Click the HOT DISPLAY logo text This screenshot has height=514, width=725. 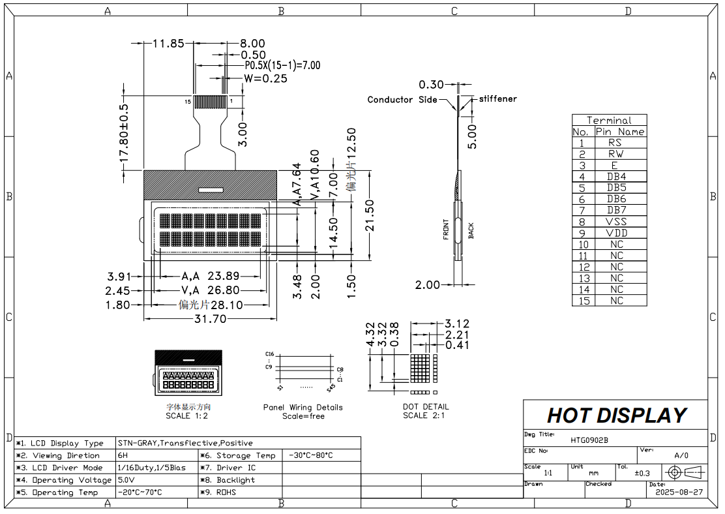click(x=616, y=416)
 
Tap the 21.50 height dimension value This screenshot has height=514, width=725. click(x=370, y=216)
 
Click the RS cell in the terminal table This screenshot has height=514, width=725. click(x=615, y=142)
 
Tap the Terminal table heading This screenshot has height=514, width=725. click(x=609, y=120)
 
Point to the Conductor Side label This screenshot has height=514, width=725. click(x=402, y=100)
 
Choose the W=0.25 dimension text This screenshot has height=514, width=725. click(x=265, y=78)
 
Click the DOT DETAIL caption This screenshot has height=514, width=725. click(x=426, y=406)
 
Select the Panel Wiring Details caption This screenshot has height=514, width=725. click(x=303, y=407)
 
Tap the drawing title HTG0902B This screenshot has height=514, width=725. click(x=589, y=440)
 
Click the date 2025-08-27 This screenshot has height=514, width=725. click(x=679, y=492)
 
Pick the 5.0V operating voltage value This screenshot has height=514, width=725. click(x=126, y=480)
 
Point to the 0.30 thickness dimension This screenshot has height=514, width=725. click(x=431, y=84)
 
